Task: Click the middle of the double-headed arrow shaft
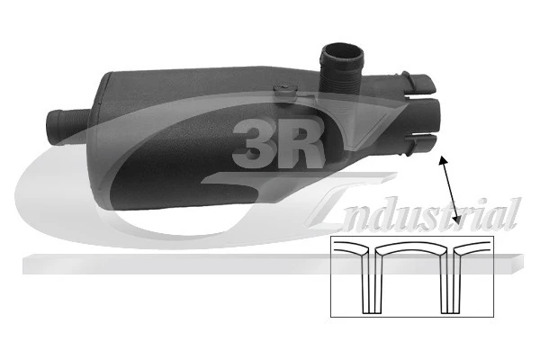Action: point(449,191)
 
